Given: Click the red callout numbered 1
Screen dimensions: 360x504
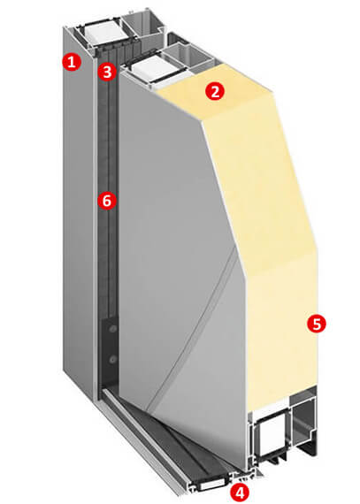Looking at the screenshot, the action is (x=72, y=61).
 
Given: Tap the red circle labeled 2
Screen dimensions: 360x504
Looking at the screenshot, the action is (x=215, y=91).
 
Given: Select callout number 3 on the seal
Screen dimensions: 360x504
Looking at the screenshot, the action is (x=107, y=72).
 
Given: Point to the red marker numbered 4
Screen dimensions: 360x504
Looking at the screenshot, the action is (x=240, y=491).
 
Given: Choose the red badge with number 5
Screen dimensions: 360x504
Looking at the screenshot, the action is (x=317, y=324).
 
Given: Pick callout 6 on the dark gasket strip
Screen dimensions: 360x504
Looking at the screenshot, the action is (x=107, y=201).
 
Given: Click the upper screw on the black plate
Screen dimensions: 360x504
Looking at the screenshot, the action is (x=113, y=329).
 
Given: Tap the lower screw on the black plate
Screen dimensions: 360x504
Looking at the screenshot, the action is (x=112, y=359).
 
